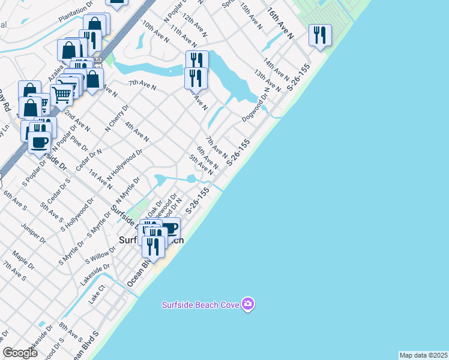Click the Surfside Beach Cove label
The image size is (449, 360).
tap(200, 305)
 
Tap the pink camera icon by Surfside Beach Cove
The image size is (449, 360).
tap(248, 304)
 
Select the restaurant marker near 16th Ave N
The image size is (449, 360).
tap(320, 35)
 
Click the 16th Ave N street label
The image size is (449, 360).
tap(280, 23)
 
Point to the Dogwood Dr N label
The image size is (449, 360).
tap(255, 106)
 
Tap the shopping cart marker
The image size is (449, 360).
tap(62, 95)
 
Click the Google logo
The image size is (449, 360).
tap(19, 352)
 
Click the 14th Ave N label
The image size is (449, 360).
tap(276, 70)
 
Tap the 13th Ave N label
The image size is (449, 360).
tap(267, 80)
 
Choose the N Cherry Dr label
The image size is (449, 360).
tap(117, 118)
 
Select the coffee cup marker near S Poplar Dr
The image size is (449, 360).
tap(40, 143)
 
